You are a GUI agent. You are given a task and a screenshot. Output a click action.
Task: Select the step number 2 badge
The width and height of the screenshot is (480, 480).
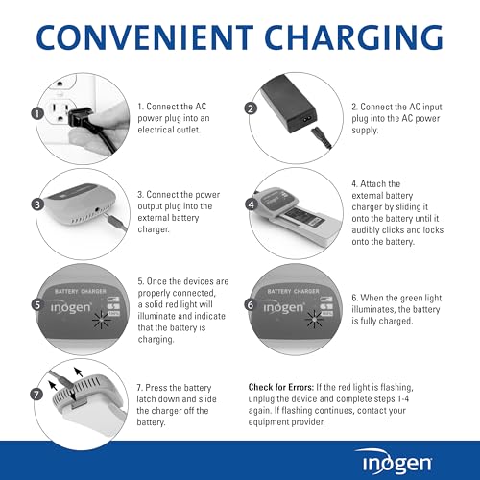point(252,109)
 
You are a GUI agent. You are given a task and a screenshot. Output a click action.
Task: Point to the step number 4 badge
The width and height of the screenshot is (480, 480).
point(252,204)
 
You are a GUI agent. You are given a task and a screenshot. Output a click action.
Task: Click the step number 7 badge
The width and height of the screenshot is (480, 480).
point(36,395)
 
